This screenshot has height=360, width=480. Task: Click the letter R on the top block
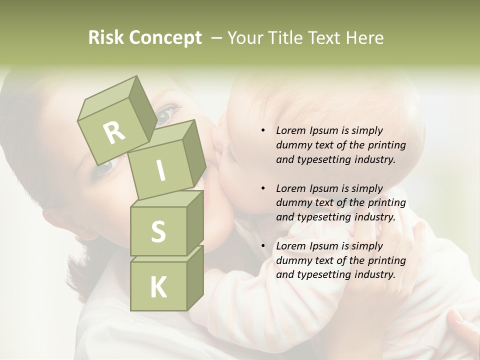[114, 133]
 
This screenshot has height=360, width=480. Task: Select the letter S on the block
[158, 231]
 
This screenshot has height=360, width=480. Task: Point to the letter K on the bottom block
[158, 287]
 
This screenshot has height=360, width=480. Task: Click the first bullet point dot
[263, 131]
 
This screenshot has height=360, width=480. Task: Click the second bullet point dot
[263, 189]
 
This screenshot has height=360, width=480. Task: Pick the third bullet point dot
[263, 246]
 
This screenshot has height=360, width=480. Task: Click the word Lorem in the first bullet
[290, 131]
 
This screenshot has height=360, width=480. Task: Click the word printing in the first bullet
[386, 145]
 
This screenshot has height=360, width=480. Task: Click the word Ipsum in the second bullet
[324, 188]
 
